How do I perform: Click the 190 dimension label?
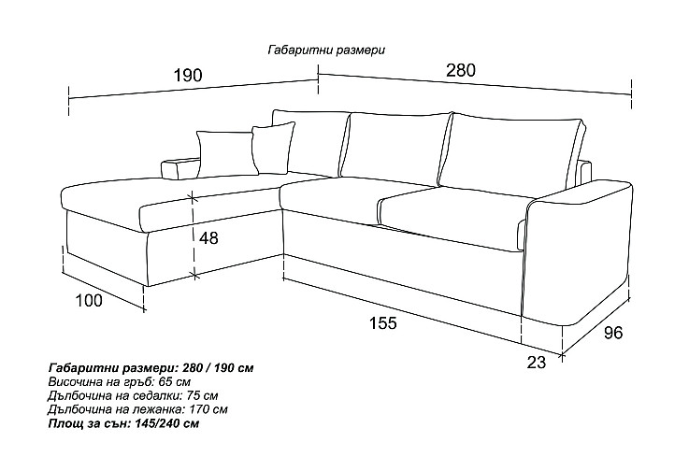click(x=188, y=75)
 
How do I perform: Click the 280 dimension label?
click(x=461, y=70)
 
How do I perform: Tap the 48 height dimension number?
click(x=208, y=238)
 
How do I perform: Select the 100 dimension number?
click(x=89, y=301)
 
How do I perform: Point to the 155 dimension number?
click(x=382, y=323)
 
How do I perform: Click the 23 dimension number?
click(x=536, y=362)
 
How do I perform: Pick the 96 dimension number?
click(x=613, y=333)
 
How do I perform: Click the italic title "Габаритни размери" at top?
click(x=326, y=50)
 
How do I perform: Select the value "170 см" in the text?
click(x=208, y=409)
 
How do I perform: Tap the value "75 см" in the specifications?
click(x=202, y=395)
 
